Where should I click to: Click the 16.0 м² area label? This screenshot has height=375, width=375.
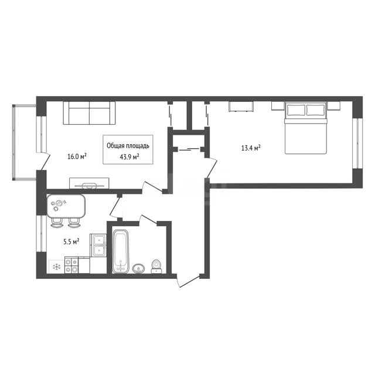pyautogui.click(x=77, y=156)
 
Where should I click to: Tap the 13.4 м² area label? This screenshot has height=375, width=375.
pyautogui.click(x=251, y=148)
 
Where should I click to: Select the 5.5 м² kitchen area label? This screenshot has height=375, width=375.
pyautogui.click(x=71, y=241)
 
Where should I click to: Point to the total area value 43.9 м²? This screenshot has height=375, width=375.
pyautogui.click(x=129, y=156)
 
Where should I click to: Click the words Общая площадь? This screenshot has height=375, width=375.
pyautogui.click(x=128, y=146)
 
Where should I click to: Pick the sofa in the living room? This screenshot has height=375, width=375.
pyautogui.click(x=89, y=113)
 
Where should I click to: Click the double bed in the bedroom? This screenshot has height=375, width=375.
pyautogui.click(x=306, y=128)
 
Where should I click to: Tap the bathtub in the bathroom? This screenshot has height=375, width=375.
pyautogui.click(x=121, y=251)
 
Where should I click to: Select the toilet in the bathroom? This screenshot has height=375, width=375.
pyautogui.click(x=156, y=267)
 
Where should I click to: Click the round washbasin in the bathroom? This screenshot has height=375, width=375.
pyautogui.click(x=138, y=268)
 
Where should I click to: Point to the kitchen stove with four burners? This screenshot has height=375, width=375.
pyautogui.click(x=71, y=265)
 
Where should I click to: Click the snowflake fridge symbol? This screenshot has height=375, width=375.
pyautogui.click(x=56, y=267)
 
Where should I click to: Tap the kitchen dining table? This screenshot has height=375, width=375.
pyautogui.click(x=66, y=206)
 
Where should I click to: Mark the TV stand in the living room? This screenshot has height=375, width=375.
pyautogui.click(x=89, y=183)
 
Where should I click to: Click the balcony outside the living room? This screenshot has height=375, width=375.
pyautogui.click(x=24, y=142)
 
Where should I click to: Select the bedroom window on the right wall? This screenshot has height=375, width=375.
pyautogui.click(x=357, y=143)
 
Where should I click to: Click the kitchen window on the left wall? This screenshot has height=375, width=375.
pyautogui.click(x=41, y=233)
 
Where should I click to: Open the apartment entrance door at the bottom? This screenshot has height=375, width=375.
pyautogui.click(x=189, y=281)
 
